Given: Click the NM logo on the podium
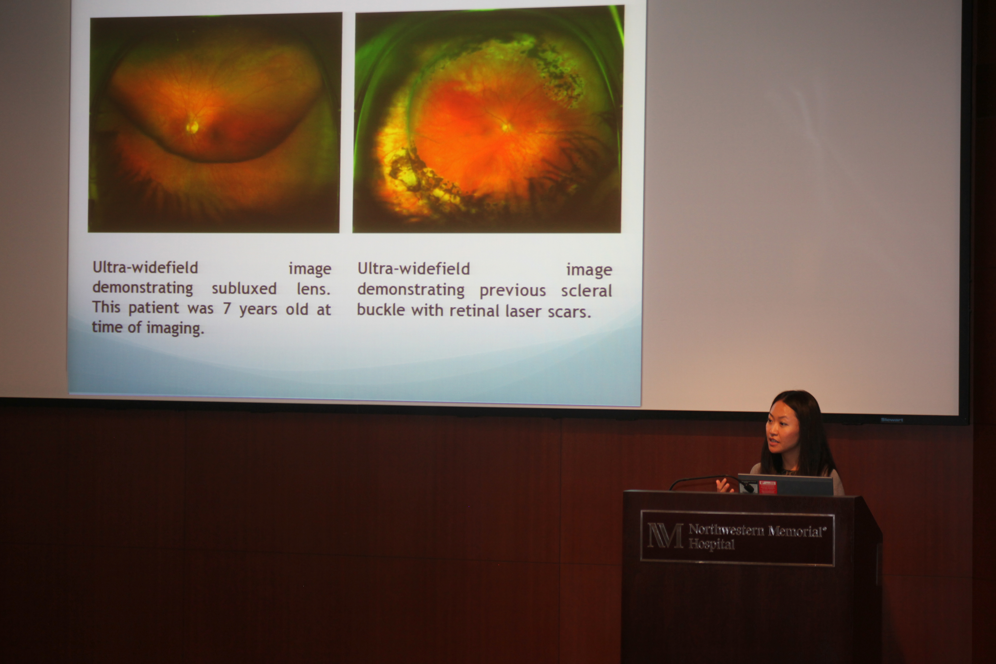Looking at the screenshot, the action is (x=665, y=535).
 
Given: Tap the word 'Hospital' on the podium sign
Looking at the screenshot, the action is (x=711, y=544).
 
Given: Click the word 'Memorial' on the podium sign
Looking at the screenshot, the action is (x=796, y=531).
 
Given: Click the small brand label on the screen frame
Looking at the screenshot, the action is (x=892, y=420).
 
